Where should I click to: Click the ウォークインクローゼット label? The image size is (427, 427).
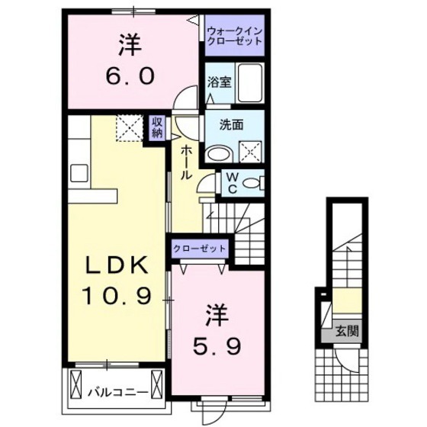[234, 35]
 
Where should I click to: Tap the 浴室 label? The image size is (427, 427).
[220, 82]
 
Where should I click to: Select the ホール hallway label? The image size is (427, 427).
[186, 162]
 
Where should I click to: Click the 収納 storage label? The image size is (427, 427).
[156, 127]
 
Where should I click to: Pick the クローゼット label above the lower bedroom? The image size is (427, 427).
[200, 248]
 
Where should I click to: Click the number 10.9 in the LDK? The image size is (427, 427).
[114, 293]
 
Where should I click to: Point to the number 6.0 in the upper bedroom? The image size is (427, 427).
[130, 75]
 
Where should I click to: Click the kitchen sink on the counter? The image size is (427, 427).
[80, 173]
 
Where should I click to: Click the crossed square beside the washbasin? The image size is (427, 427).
[249, 151]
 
